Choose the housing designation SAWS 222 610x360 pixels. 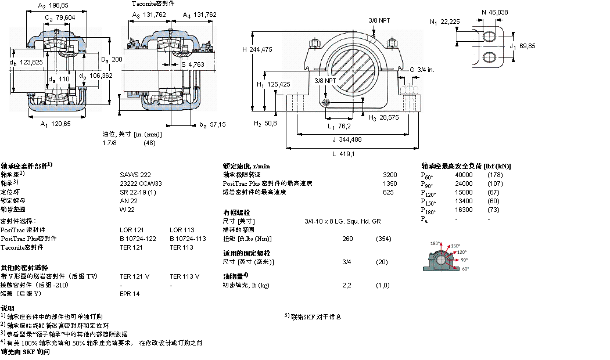[x=135, y=174]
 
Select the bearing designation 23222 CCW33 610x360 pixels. [x=142, y=183]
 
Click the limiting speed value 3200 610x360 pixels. [x=390, y=174]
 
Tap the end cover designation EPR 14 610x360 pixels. [x=130, y=294]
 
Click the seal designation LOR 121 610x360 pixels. [x=131, y=229]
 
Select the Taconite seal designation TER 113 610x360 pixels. [x=181, y=247]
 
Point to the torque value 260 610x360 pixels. [x=348, y=239]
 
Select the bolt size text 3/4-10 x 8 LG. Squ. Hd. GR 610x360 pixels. [x=342, y=221]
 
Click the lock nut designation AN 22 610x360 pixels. [x=128, y=200]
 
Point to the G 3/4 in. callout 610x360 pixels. [x=422, y=70]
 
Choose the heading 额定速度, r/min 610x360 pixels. [x=247, y=166]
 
